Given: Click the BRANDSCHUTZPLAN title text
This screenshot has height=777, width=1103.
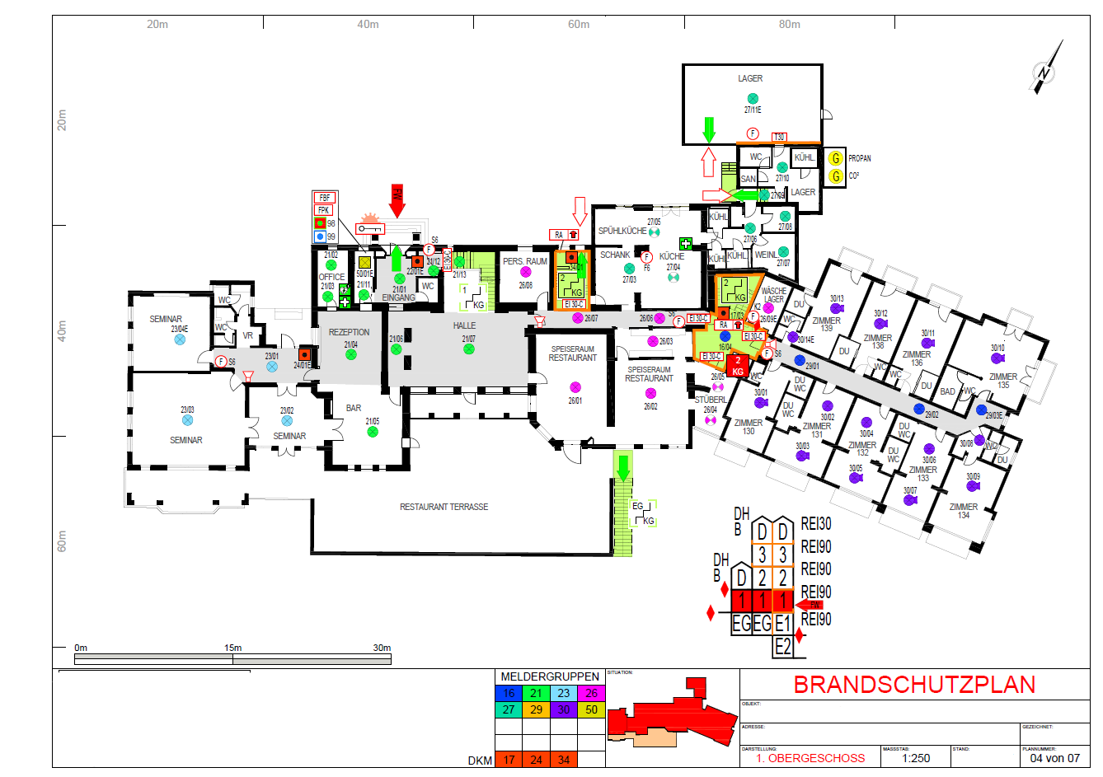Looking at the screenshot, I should click(x=913, y=685).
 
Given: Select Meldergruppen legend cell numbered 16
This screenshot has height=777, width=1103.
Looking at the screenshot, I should click(x=509, y=693).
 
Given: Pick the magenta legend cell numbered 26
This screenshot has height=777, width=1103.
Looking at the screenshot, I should click(x=591, y=693).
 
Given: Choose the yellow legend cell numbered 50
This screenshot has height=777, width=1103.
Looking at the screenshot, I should click(x=591, y=709).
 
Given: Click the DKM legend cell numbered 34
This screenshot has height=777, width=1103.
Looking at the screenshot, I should click(x=564, y=760).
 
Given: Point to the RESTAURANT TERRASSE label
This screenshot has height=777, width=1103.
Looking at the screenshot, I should click(x=444, y=507).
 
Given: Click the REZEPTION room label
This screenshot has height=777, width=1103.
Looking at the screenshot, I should click(x=349, y=332).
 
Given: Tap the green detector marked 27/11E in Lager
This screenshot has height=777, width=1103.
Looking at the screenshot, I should click(x=753, y=99).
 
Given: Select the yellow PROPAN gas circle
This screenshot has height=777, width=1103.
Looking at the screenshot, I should click(x=836, y=158).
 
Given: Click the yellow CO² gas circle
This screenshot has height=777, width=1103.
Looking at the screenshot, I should click(x=836, y=176).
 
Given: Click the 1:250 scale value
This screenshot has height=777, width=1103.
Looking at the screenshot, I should click(x=915, y=758).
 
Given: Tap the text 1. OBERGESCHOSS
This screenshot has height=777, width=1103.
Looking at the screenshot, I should click(x=811, y=758).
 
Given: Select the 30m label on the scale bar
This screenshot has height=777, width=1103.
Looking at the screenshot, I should click(x=381, y=648).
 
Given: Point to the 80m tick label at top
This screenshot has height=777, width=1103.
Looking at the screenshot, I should click(x=789, y=24).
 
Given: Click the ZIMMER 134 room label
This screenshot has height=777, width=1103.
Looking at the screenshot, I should click(x=963, y=511).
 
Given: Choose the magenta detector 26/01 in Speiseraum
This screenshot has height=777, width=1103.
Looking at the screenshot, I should click(x=575, y=386).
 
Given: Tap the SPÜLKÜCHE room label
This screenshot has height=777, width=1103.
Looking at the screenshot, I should click(x=622, y=231).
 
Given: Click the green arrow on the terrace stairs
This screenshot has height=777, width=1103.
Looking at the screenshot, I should click(x=623, y=467).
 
